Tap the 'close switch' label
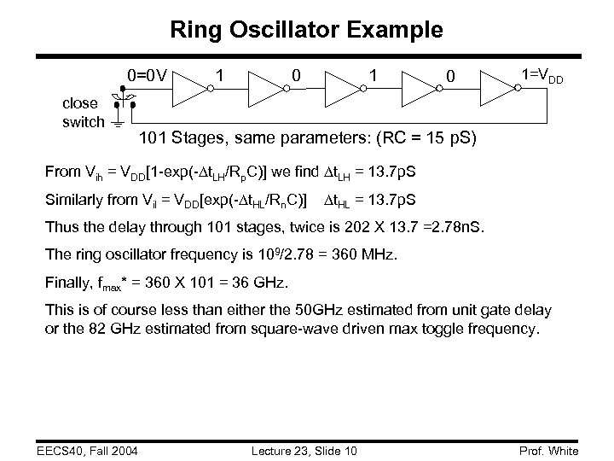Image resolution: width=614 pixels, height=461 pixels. (83, 113)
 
